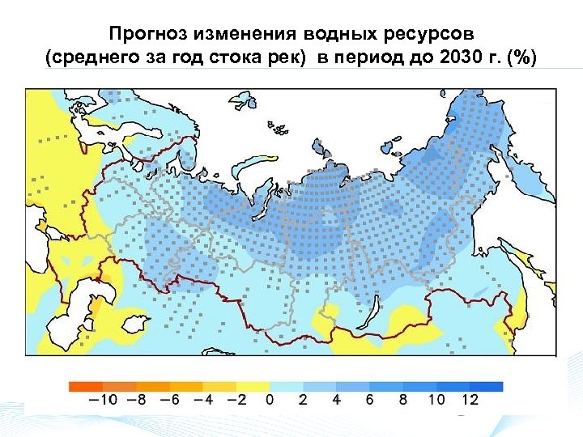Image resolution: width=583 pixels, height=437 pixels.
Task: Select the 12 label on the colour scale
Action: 470,399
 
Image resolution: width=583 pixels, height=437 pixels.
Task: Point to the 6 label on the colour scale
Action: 369,399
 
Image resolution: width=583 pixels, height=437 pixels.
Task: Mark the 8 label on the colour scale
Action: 402,399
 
